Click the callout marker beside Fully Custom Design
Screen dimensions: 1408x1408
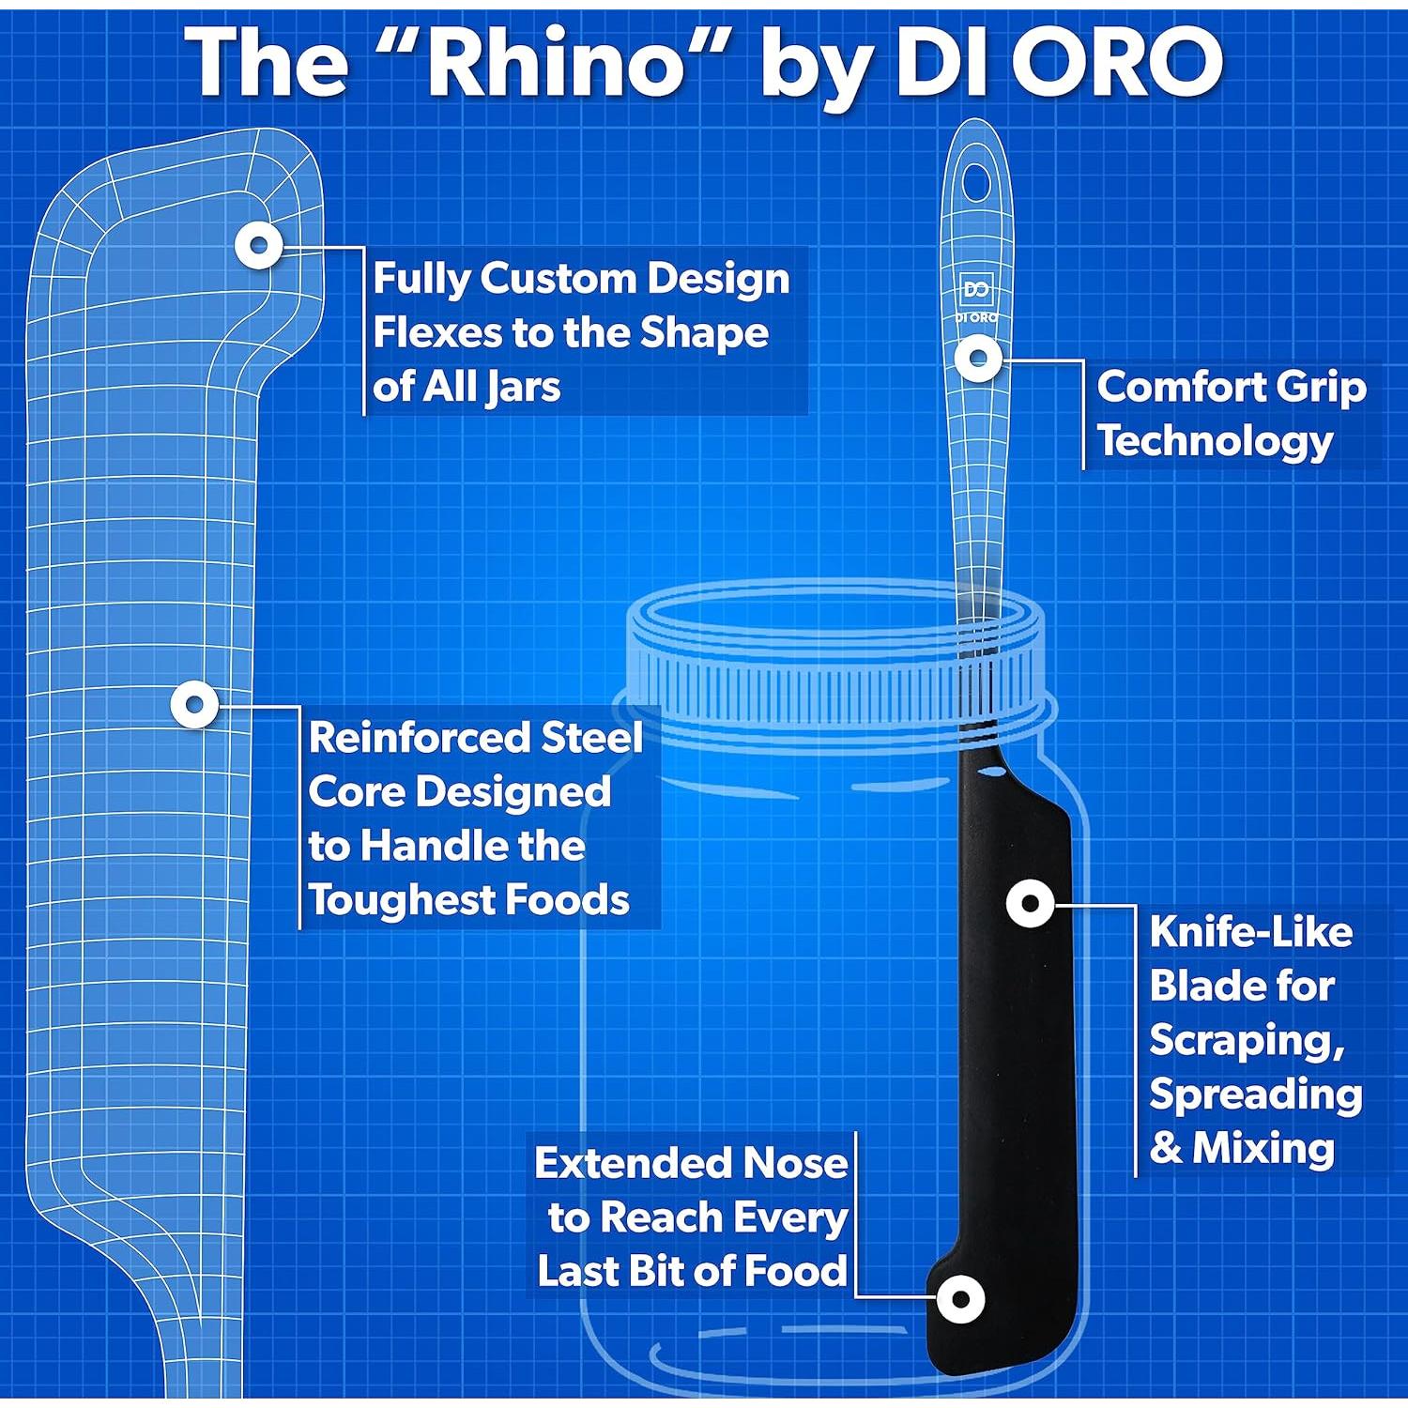(x=259, y=246)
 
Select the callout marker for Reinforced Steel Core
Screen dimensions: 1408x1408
(x=195, y=704)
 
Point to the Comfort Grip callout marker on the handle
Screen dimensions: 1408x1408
(x=978, y=358)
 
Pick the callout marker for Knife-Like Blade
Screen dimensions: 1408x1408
(x=1030, y=903)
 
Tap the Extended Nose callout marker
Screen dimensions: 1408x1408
(x=960, y=1299)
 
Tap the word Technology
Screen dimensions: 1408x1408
(x=1216, y=441)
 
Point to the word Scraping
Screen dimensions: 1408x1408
(x=1247, y=1040)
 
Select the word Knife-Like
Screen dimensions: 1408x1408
(x=1250, y=932)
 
